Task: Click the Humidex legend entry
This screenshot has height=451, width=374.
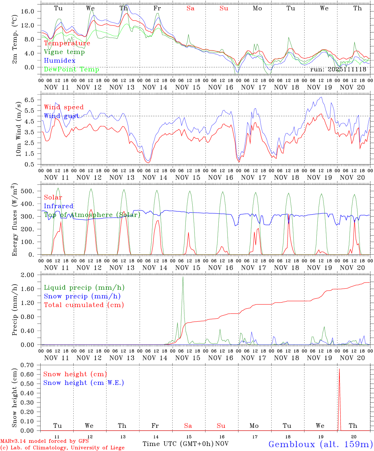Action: (60, 60)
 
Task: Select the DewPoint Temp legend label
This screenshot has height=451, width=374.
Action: (71, 69)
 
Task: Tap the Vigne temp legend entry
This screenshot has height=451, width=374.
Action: (64, 52)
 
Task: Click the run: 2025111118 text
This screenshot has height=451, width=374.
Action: (338, 69)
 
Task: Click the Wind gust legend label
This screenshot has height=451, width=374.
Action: (61, 116)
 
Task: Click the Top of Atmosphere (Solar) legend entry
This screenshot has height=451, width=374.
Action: (92, 215)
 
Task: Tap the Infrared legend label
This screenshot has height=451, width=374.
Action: (59, 206)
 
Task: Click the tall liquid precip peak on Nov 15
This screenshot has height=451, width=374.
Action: (183, 277)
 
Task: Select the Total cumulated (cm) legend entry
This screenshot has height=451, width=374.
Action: (84, 305)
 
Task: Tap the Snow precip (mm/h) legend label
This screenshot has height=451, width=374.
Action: (82, 296)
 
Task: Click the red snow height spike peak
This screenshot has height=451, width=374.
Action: (339, 369)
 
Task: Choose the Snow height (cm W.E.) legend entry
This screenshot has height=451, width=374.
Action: (84, 383)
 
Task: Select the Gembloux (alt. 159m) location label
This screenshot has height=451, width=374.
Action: (320, 444)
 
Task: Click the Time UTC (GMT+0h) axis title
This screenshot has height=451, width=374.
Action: (178, 444)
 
